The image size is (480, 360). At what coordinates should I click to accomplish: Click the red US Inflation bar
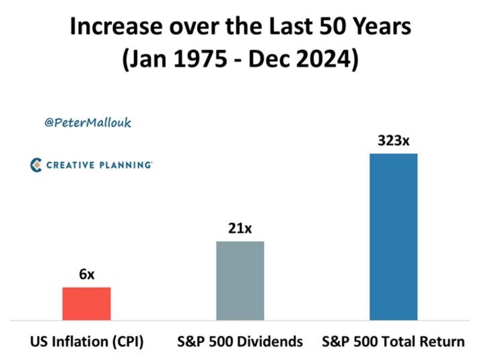87,303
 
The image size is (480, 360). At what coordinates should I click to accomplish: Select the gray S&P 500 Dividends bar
240,280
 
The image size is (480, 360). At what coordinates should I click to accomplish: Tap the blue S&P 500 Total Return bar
393,236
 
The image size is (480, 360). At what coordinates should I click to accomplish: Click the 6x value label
87,274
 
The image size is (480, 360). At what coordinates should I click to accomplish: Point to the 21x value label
240,228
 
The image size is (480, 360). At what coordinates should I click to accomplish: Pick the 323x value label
393,140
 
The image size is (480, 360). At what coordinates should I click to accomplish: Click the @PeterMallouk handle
87,123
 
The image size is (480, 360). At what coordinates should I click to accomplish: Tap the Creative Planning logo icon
37,165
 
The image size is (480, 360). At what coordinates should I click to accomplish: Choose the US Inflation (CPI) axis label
87,342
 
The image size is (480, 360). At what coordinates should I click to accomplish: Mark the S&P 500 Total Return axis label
393,342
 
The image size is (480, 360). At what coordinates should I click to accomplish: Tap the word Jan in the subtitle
145,60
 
